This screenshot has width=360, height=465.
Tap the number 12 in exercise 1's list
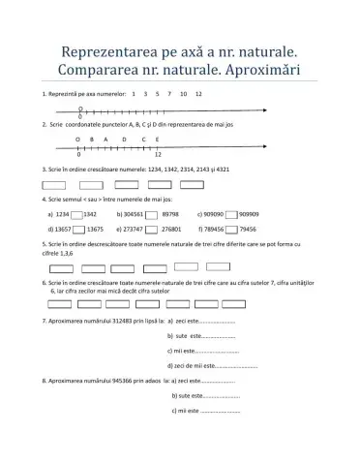(x=198, y=95)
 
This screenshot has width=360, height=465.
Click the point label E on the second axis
(x=157, y=139)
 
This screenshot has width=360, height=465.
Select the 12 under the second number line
(x=157, y=155)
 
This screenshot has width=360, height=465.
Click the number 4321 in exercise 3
(x=222, y=170)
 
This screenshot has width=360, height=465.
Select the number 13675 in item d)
(x=96, y=230)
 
